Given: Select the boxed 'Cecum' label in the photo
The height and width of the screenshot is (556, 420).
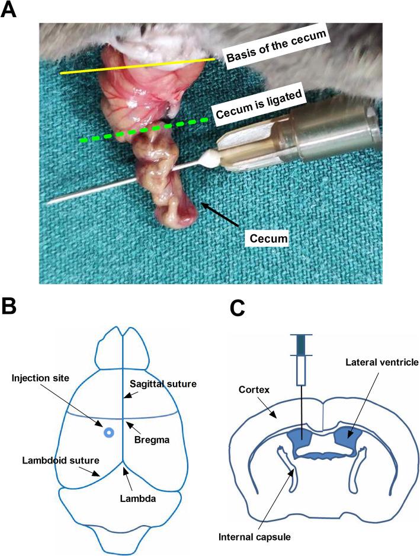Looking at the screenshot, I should tap(267, 239).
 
